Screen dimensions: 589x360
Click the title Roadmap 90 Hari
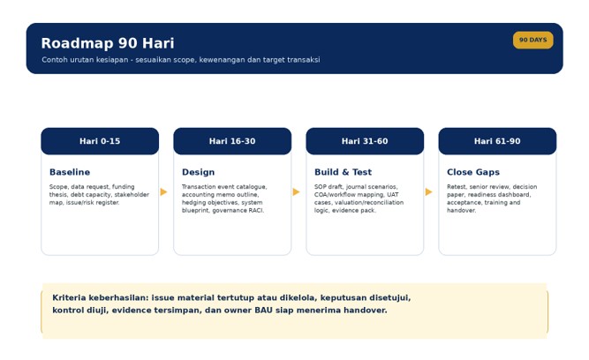coord(108,43)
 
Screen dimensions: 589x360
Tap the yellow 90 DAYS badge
coord(532,40)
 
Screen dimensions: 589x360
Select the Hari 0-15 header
coord(100,141)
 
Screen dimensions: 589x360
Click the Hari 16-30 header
coord(232,141)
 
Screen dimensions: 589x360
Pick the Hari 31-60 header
coord(365,141)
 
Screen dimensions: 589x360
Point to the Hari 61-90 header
coord(497,141)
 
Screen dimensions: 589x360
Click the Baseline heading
coord(70,172)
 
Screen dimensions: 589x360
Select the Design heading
coord(199,172)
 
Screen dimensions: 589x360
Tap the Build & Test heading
coord(343,172)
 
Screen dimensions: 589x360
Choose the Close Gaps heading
coord(473,172)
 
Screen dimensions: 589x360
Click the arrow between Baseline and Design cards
coord(163,191)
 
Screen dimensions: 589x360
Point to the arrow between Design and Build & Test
coord(296,191)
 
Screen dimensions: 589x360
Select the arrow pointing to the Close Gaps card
coord(428,191)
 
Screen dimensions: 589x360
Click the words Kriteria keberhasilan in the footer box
coord(101,297)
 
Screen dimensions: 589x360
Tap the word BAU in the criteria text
coord(264,310)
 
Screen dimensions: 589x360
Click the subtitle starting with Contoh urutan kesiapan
coord(181,60)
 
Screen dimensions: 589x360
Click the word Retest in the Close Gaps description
coord(457,186)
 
